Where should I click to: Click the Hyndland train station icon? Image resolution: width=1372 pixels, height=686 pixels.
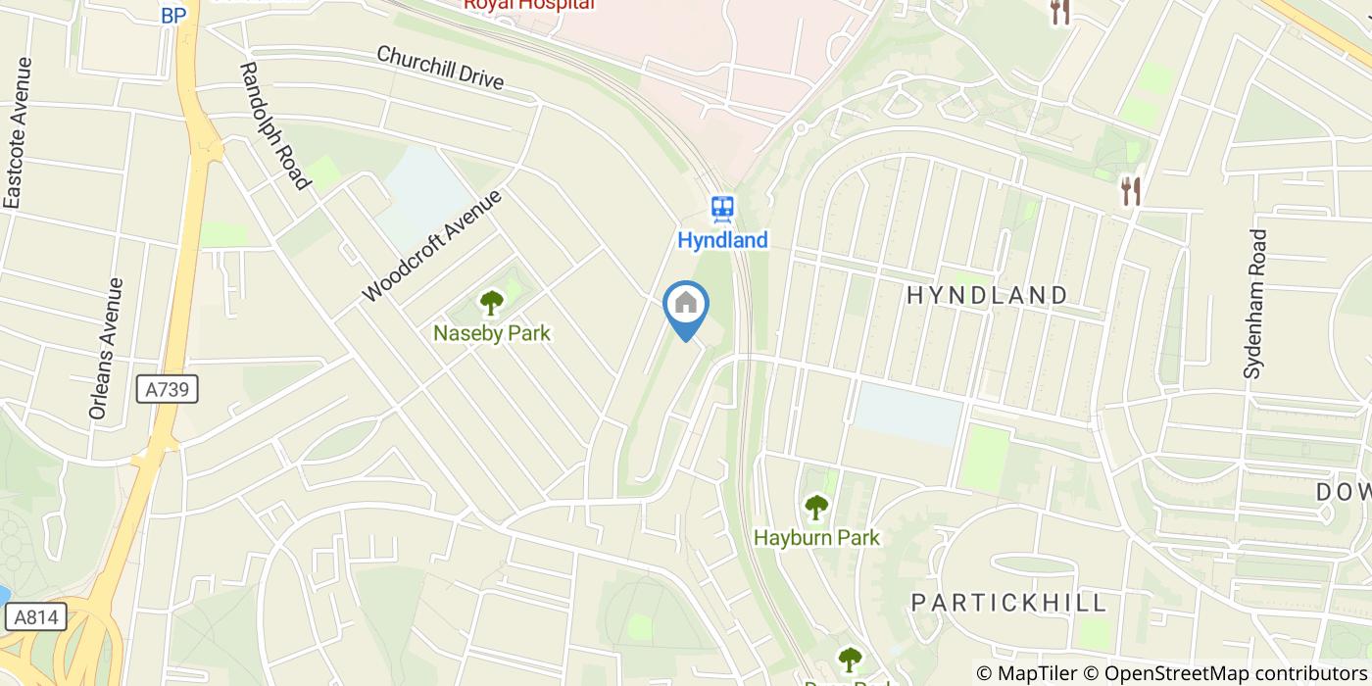pyautogui.click(x=723, y=208)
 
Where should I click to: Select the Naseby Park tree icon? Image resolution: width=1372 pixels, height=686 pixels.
pyautogui.click(x=491, y=303)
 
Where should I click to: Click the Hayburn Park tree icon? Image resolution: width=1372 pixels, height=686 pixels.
pyautogui.click(x=815, y=508)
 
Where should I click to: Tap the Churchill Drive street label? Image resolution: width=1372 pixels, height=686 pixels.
pyautogui.click(x=440, y=68)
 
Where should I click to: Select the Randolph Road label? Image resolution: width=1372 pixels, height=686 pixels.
pyautogui.click(x=275, y=125)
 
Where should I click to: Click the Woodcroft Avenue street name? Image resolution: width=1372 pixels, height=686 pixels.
pyautogui.click(x=431, y=245)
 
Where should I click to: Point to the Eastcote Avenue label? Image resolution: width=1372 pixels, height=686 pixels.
pyautogui.click(x=17, y=133)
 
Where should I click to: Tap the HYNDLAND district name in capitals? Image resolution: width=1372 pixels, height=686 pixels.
pyautogui.click(x=987, y=295)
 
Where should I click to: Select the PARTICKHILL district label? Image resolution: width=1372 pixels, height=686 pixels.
pyautogui.click(x=1009, y=602)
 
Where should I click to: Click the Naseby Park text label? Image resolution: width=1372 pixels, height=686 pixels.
pyautogui.click(x=492, y=333)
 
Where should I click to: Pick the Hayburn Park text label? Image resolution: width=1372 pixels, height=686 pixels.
pyautogui.click(x=816, y=537)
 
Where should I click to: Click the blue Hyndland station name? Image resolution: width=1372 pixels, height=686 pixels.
pyautogui.click(x=723, y=240)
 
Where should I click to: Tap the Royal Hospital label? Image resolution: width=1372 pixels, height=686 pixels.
pyautogui.click(x=529, y=5)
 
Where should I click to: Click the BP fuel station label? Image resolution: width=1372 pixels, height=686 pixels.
pyautogui.click(x=173, y=15)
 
